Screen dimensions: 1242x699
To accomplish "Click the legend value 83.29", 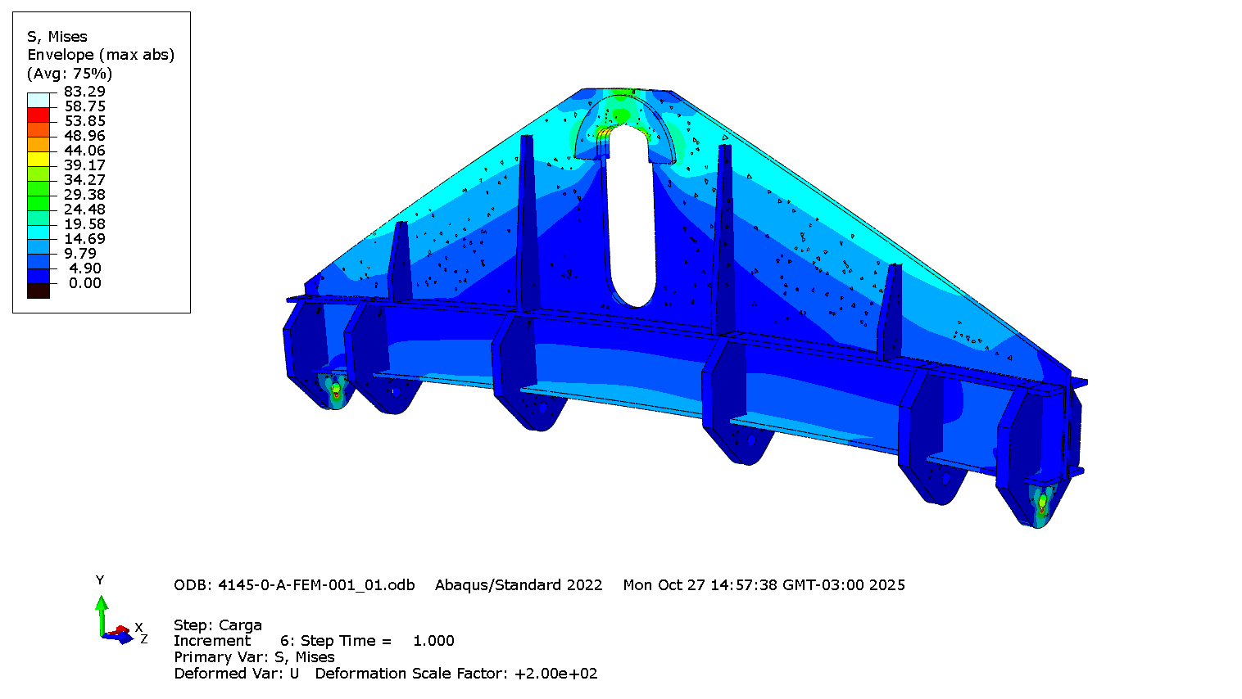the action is coord(84,92).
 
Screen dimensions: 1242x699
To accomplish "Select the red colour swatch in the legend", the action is coord(39,115).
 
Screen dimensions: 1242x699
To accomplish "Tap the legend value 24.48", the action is coord(84,210).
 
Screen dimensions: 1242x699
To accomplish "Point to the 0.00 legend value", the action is coord(85,283).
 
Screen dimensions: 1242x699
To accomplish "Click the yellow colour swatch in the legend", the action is coord(39,160).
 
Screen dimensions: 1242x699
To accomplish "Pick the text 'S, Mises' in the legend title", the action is coord(57,37).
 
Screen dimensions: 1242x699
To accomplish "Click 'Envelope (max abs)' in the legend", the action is coord(101,55).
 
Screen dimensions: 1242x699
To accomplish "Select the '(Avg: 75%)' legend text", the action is coord(70,74).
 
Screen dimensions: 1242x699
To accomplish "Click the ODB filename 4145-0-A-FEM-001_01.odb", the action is coord(316,585).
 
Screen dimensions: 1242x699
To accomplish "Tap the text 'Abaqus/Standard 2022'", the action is coord(519,585).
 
